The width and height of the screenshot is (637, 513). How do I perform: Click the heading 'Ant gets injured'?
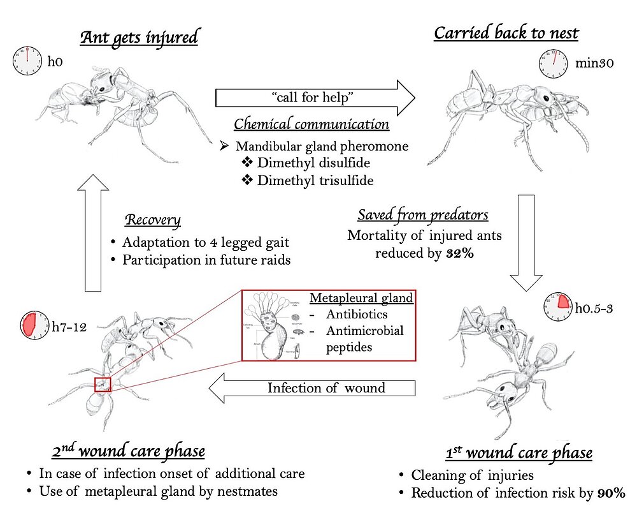[139, 37]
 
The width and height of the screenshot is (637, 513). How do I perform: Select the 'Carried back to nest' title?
[506, 33]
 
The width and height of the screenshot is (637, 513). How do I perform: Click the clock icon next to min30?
[554, 63]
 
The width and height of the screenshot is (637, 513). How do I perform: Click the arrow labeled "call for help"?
[315, 98]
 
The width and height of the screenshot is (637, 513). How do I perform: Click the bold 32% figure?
[457, 253]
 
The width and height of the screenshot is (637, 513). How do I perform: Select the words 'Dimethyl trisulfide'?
[315, 181]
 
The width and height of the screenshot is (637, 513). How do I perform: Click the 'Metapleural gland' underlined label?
[361, 297]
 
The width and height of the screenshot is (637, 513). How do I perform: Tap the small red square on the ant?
[103, 385]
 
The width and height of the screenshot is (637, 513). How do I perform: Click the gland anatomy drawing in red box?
[273, 325]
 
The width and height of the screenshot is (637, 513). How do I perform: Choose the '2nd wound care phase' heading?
[129, 451]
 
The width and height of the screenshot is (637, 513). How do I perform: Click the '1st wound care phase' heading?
[519, 453]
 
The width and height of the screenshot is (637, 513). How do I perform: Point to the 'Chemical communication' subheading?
[311, 124]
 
